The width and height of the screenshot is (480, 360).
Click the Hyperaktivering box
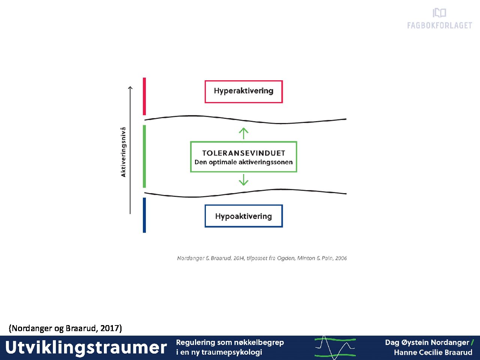click(244, 91)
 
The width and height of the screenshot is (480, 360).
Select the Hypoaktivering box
click(244, 216)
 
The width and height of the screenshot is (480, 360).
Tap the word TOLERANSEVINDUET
click(244, 153)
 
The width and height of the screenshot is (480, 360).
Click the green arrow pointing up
click(244, 133)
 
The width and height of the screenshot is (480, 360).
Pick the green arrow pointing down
click(244, 180)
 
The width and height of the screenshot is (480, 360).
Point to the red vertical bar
click(144, 96)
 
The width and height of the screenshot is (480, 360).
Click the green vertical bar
click(144, 156)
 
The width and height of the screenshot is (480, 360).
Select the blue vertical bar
click(144, 215)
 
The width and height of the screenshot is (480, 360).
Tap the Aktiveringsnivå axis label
click(123, 152)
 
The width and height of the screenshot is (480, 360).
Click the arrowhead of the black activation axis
click(130, 87)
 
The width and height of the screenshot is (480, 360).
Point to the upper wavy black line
click(245, 120)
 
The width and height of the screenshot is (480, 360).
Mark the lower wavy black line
click(245, 193)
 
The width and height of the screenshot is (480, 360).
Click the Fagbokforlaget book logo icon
click(439, 13)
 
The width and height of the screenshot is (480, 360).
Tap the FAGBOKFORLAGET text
click(439, 25)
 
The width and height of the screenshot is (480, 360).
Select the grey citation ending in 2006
click(262, 258)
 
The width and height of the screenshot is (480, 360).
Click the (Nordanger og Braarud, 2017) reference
click(65, 328)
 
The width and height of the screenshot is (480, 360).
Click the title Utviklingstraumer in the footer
click(86, 348)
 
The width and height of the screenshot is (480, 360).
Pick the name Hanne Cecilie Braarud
click(433, 352)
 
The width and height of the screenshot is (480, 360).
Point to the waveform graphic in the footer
click(335, 348)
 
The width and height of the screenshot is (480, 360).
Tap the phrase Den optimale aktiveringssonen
click(244, 162)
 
